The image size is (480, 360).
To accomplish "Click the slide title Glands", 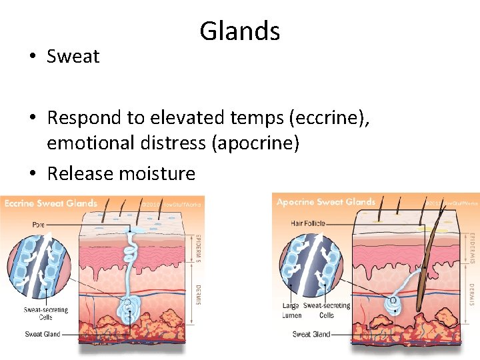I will click(x=239, y=31).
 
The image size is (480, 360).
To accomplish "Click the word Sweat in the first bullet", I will click(x=73, y=57).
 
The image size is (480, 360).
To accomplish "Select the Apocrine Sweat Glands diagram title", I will click(x=326, y=202).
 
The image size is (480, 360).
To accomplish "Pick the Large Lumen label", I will click(x=291, y=309).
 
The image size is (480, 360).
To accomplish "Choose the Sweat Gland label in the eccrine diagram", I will click(x=43, y=334).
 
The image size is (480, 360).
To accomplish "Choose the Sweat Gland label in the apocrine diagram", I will click(x=311, y=334).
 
